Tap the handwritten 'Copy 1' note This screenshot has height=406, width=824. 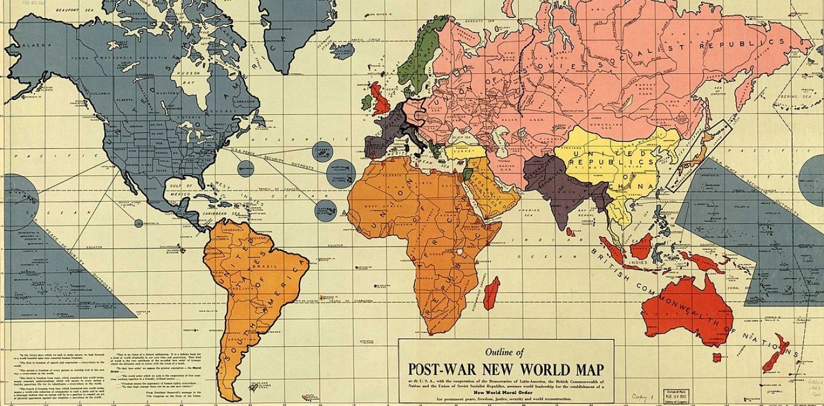pyautogui.click(x=639, y=395)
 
